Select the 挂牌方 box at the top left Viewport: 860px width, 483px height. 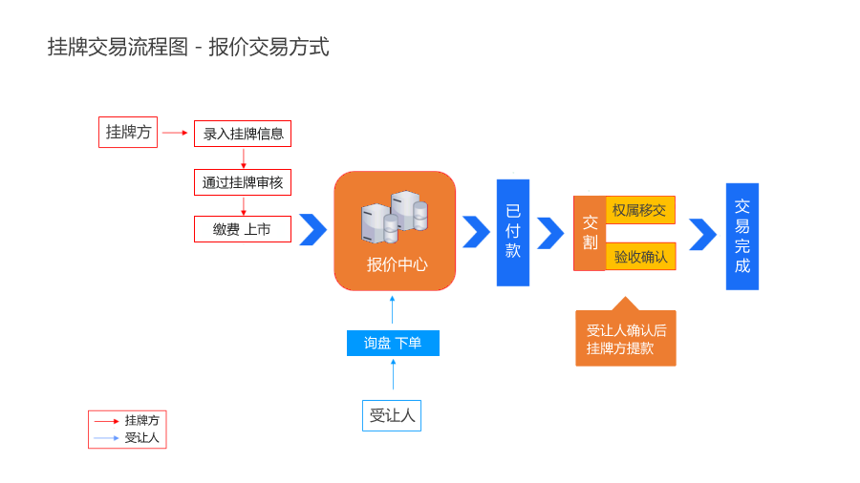[x=128, y=133]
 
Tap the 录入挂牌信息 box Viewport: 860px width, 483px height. [x=243, y=134]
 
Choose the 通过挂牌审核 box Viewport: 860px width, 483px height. [x=243, y=182]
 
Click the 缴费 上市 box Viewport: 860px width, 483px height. [x=243, y=229]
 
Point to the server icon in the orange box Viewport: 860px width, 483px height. [x=394, y=217]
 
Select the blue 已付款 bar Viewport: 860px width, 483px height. [x=513, y=232]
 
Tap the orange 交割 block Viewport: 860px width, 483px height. [x=590, y=233]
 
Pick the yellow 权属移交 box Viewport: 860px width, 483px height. [x=640, y=210]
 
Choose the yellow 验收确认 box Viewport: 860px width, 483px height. [x=640, y=257]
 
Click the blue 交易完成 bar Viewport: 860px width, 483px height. [x=742, y=236]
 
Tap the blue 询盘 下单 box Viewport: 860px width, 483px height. [x=393, y=343]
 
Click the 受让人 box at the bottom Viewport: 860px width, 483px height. [x=392, y=415]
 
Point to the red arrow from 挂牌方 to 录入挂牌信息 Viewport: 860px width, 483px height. [x=175, y=133]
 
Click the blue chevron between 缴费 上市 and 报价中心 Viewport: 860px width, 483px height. [x=312, y=230]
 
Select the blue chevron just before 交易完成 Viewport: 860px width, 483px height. [x=702, y=234]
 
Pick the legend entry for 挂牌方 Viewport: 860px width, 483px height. [x=127, y=420]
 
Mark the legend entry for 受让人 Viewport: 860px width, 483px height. [x=127, y=438]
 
